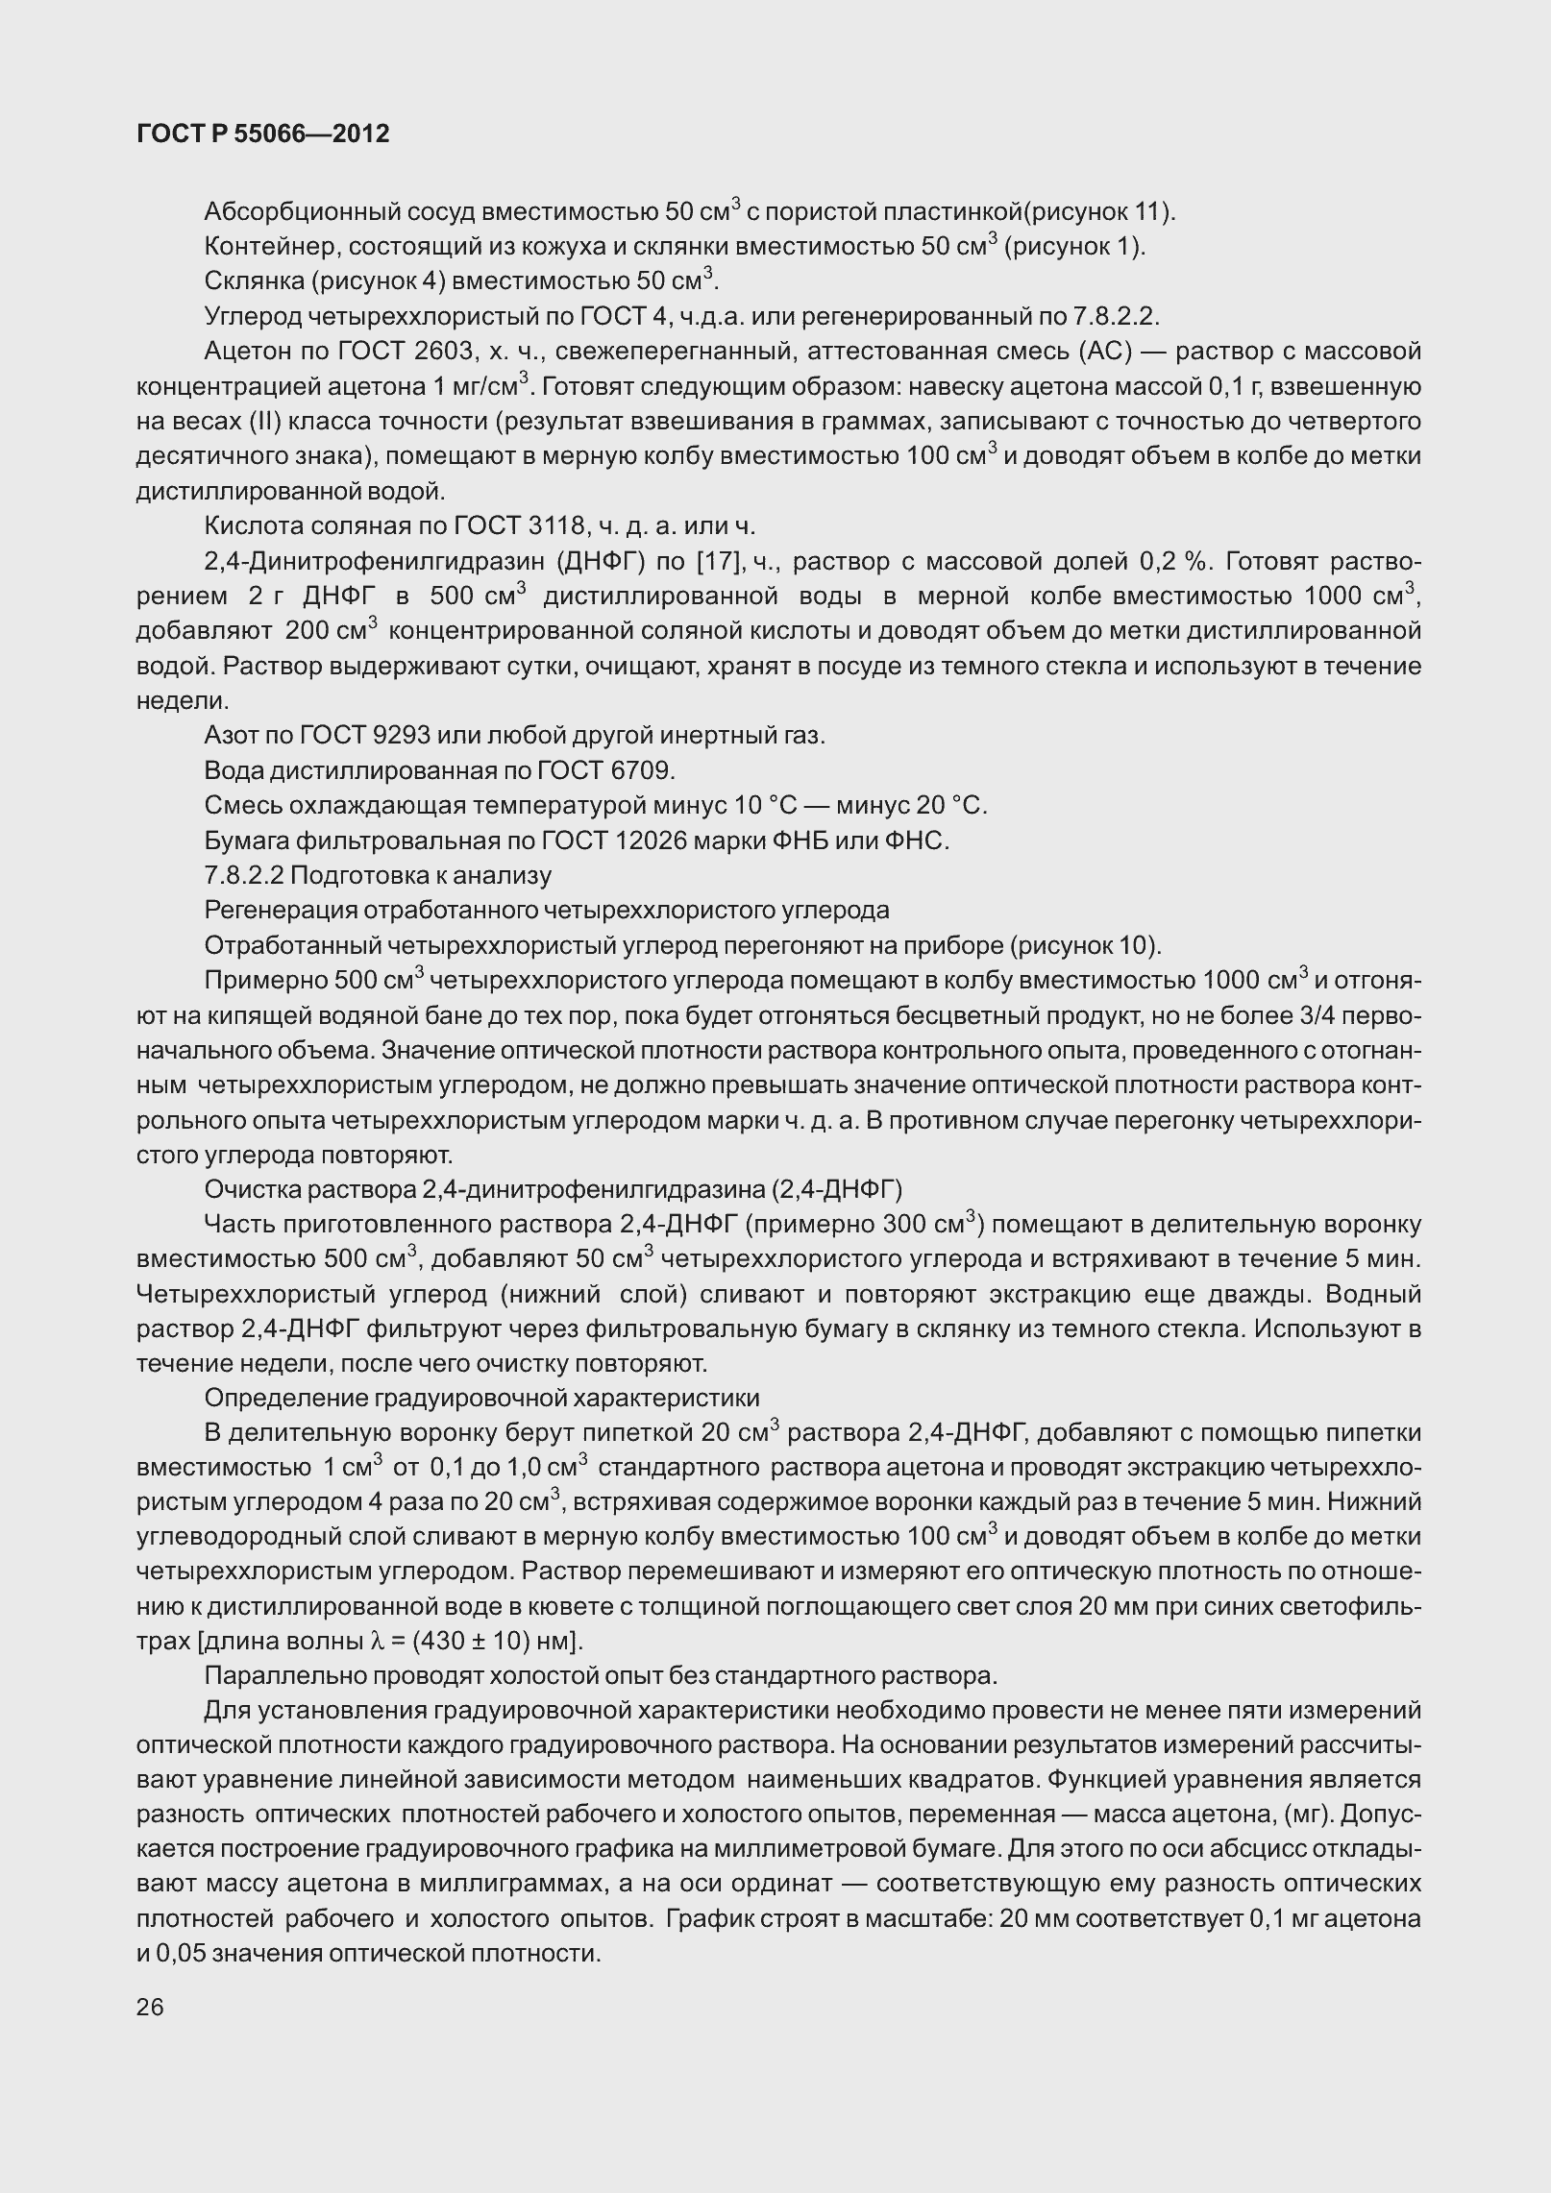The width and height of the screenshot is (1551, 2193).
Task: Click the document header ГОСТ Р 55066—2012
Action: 263,134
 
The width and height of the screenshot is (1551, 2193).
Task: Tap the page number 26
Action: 150,2006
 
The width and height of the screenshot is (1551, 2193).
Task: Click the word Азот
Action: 230,736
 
